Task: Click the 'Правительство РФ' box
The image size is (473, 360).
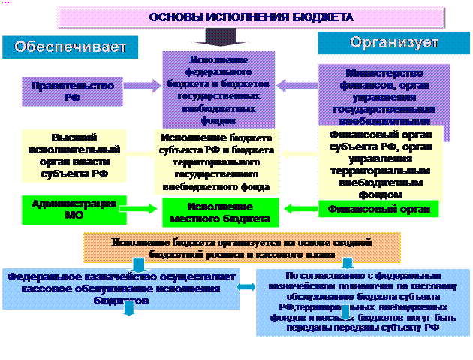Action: click(x=73, y=91)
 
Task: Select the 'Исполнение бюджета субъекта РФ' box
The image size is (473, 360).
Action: click(x=216, y=160)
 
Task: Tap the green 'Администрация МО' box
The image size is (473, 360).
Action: click(x=72, y=208)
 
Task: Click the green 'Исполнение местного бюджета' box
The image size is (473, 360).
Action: click(x=218, y=212)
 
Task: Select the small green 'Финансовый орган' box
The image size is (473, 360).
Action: click(x=379, y=209)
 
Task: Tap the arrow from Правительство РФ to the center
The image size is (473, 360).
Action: click(x=143, y=86)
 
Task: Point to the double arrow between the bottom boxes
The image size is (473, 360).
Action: click(x=245, y=287)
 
